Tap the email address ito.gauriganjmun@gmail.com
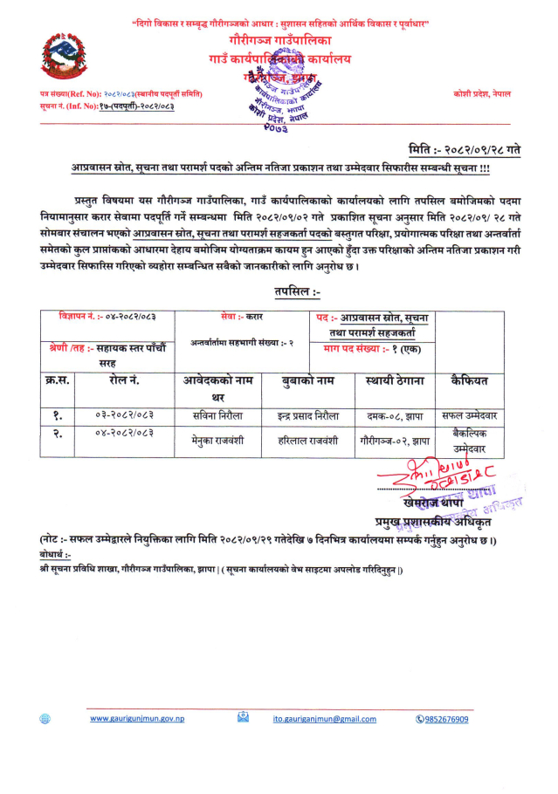(x=324, y=718)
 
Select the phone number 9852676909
(x=446, y=718)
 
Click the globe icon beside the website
(x=45, y=718)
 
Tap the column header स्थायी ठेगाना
(x=394, y=380)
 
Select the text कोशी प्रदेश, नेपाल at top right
(x=482, y=92)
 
